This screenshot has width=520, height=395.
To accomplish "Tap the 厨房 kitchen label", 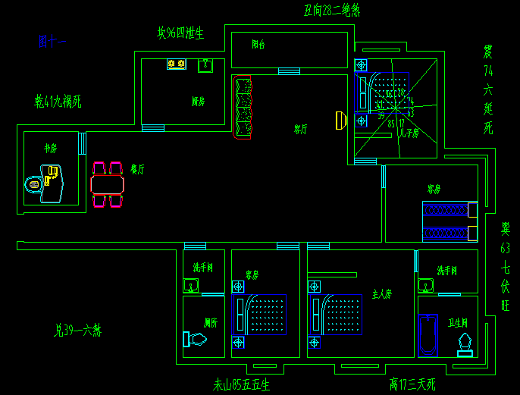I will pyautogui.click(x=198, y=101).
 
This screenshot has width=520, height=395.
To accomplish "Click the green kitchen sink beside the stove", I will pyautogui.click(x=205, y=66).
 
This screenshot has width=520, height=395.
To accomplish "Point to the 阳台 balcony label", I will pyautogui.click(x=258, y=45).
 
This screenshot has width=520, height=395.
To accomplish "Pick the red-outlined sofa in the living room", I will pyautogui.click(x=243, y=109).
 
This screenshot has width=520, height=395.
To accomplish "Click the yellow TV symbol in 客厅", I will pyautogui.click(x=340, y=120).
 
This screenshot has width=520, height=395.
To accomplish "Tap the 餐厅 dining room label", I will pyautogui.click(x=137, y=169).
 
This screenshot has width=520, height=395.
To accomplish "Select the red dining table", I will pyautogui.click(x=107, y=184).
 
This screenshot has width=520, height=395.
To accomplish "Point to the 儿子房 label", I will pyautogui.click(x=409, y=133).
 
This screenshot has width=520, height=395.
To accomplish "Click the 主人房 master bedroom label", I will pyautogui.click(x=381, y=293).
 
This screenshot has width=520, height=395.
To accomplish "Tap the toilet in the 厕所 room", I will pyautogui.click(x=195, y=339).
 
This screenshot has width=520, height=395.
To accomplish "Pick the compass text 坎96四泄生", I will pyautogui.click(x=180, y=33).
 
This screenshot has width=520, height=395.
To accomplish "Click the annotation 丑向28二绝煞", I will pyautogui.click(x=331, y=11).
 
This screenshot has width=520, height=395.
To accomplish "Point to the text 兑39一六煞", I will pyautogui.click(x=78, y=331).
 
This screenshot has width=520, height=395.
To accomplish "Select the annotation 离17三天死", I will pyautogui.click(x=412, y=384).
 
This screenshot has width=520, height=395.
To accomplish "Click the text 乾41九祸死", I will pyautogui.click(x=58, y=100).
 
